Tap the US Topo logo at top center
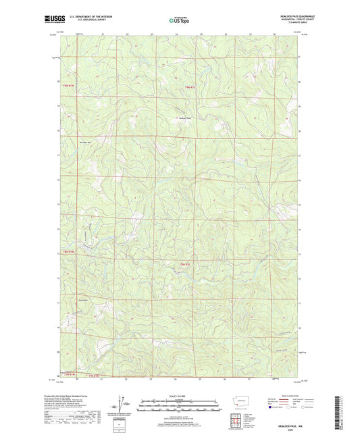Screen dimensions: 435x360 click(178, 21)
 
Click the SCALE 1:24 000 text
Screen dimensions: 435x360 click(180, 396)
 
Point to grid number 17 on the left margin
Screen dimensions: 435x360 click(58, 155)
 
